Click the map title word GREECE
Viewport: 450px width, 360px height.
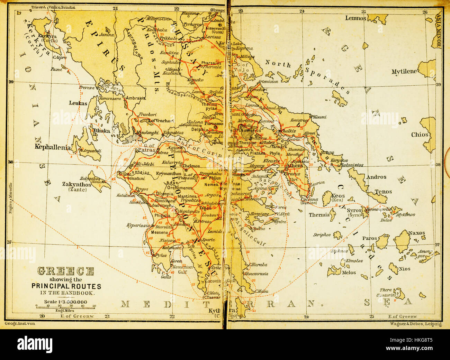65,271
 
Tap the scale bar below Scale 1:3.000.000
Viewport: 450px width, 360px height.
65,306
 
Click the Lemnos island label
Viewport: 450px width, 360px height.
355,18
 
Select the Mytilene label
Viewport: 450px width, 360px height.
404,72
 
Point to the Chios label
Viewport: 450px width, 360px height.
420,135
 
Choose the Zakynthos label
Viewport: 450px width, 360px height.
76,184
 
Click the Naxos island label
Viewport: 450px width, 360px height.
416,233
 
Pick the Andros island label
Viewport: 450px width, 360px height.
376,177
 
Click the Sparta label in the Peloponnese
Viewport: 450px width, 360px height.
208,239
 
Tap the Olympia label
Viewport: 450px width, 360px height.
164,194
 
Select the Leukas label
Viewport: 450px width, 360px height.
78,103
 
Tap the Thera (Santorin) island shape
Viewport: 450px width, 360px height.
400,294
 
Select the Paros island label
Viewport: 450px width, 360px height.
369,238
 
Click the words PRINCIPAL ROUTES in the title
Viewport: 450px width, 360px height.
66,286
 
